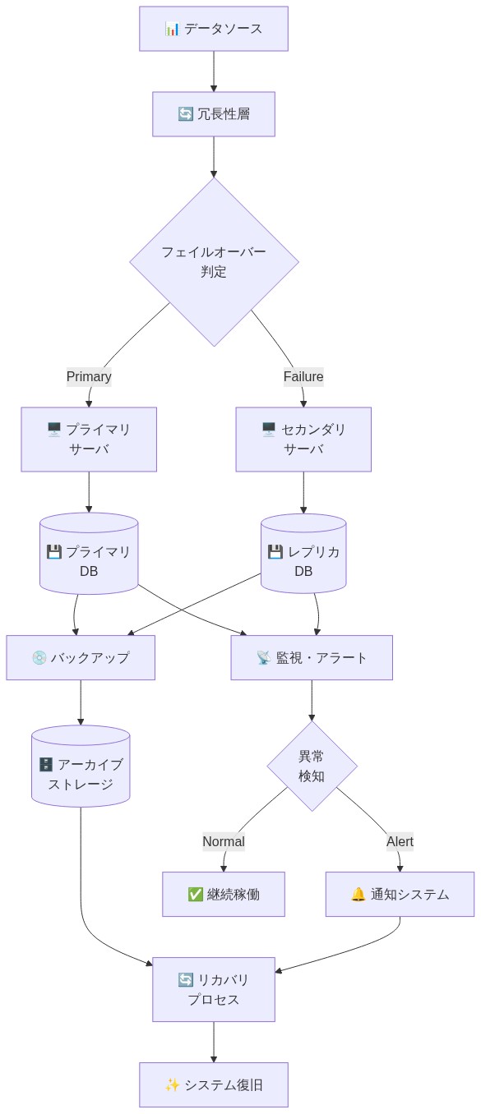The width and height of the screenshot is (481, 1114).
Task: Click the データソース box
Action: point(214,29)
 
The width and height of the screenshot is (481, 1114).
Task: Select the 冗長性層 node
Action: point(214,114)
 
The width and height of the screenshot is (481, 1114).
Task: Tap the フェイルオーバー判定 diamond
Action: point(214,262)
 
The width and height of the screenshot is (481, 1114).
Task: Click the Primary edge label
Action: point(89,376)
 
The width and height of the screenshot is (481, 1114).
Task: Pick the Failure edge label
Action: point(303,376)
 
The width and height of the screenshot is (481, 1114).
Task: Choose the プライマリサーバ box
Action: point(89,440)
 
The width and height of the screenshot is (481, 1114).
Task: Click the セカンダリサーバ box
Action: point(303,440)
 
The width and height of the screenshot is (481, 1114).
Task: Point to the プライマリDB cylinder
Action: point(89,555)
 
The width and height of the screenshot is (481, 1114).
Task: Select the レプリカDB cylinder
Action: point(303,555)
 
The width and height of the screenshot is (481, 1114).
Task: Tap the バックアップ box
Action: point(81,657)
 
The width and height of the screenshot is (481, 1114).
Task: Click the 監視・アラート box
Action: point(312,657)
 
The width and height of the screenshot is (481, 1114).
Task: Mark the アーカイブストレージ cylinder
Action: point(81,767)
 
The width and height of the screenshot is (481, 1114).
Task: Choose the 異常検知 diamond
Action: point(312,766)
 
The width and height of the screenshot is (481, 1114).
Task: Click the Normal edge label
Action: point(224,841)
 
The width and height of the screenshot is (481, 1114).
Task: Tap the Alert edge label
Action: point(400,841)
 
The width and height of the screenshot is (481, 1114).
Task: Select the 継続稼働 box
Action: point(224,894)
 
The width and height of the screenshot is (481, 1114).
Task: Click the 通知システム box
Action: point(400,894)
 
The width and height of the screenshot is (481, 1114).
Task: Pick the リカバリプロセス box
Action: point(214,989)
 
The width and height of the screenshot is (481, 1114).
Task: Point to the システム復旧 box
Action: point(214,1084)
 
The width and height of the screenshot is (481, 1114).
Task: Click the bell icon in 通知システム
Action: point(358,894)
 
